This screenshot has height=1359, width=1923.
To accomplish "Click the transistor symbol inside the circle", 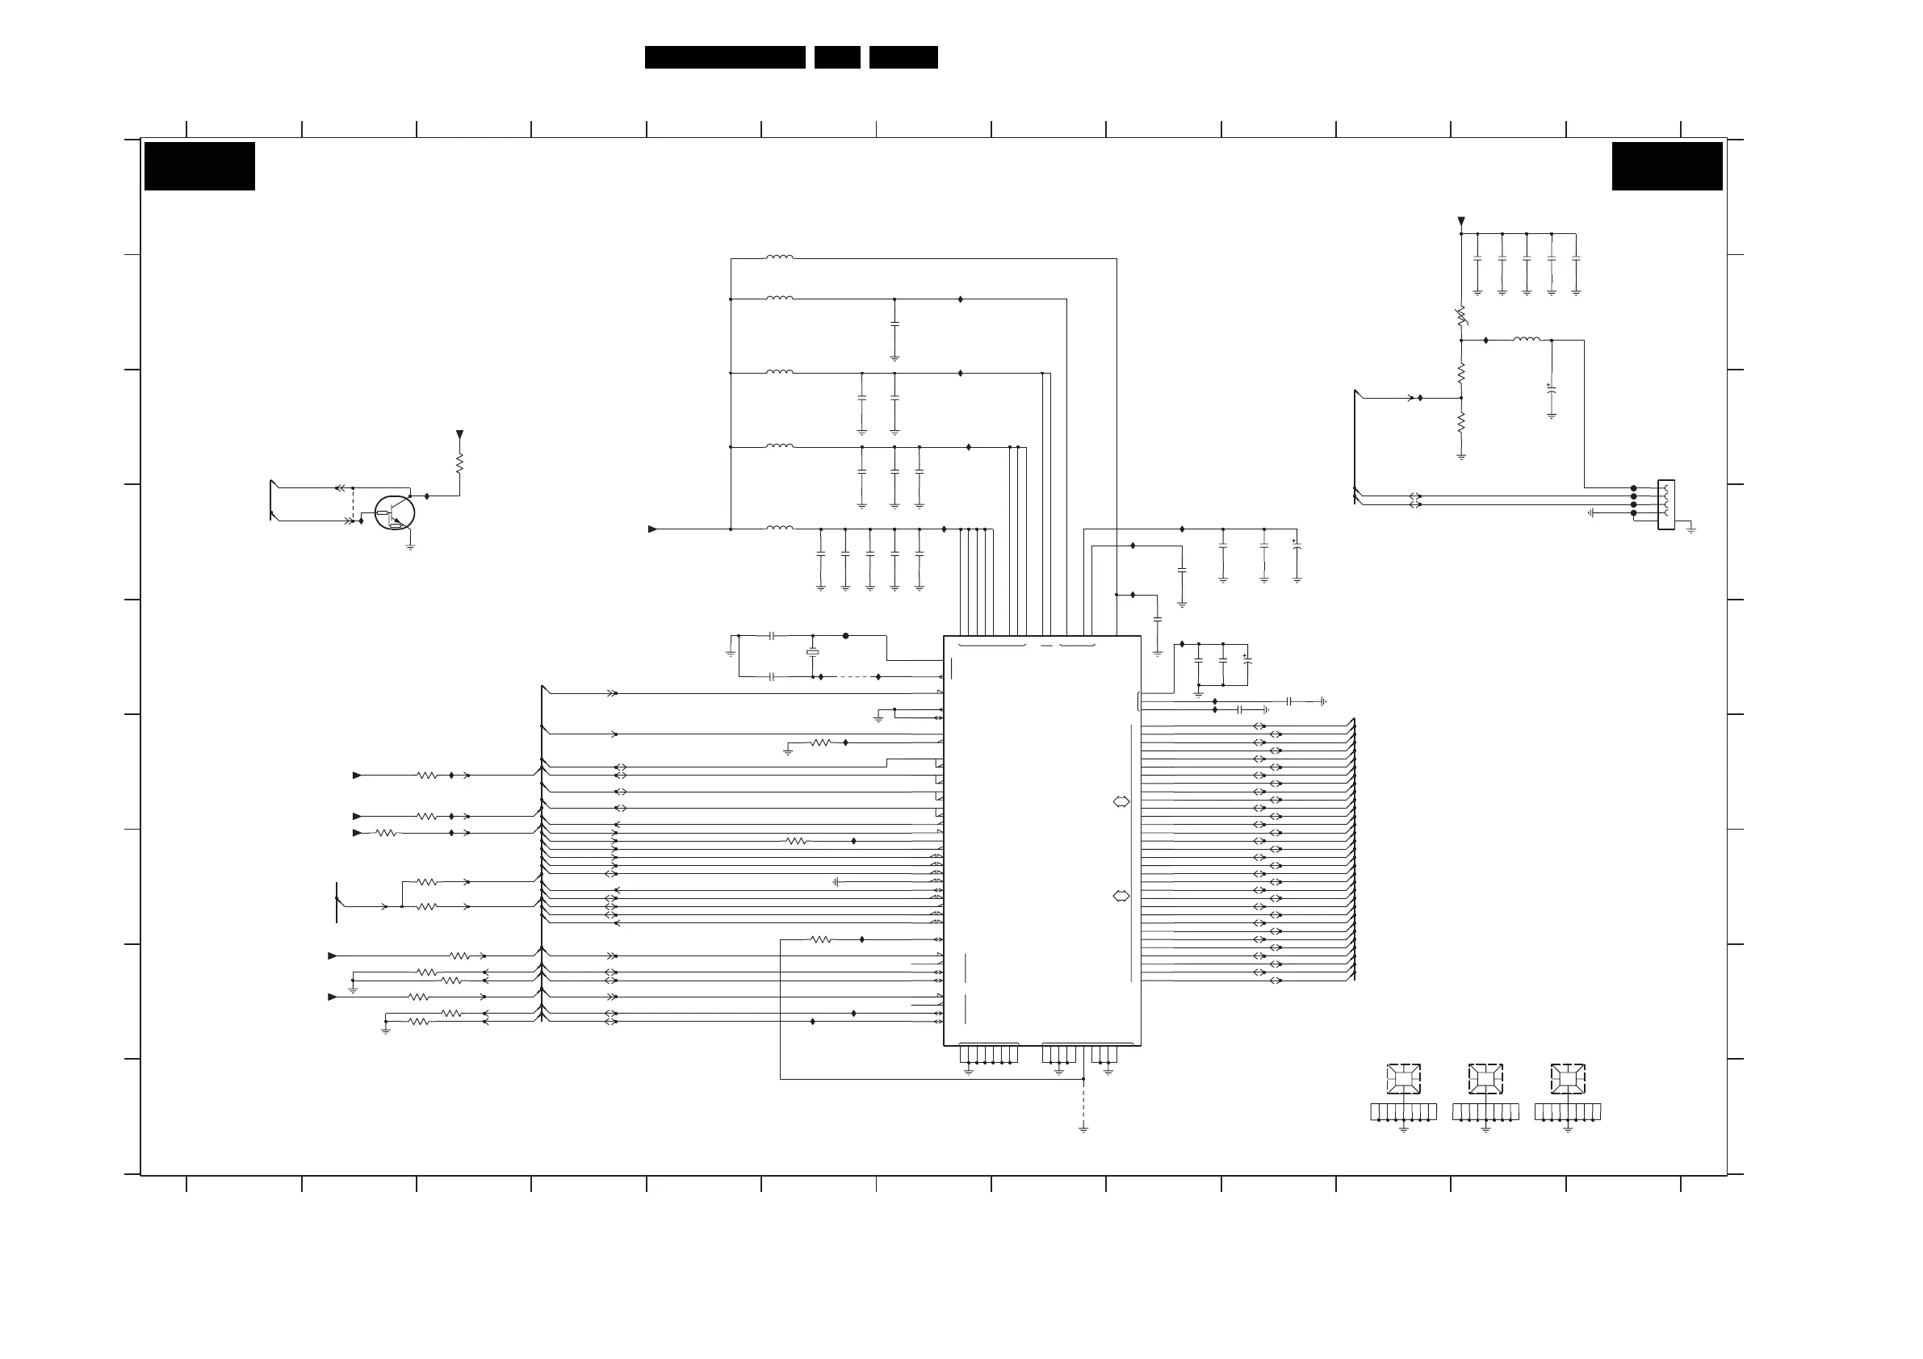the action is coord(395,512).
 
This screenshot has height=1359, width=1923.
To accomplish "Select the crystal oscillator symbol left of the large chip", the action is coord(811,652).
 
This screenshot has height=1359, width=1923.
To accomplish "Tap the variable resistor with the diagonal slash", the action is coord(1460,316).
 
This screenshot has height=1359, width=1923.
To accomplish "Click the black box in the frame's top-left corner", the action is coord(199,165).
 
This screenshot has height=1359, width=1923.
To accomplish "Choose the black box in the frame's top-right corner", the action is coord(1667,165).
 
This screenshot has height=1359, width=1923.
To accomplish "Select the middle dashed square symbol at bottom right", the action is coord(1485,1078).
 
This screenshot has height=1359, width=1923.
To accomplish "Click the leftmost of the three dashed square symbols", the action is coord(1403,1078).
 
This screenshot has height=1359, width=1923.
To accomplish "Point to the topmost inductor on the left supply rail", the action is coord(779,258).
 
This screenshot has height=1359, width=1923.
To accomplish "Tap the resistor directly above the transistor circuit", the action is coord(459,463).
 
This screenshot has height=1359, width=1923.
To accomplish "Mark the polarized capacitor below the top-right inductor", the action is coord(1551,388).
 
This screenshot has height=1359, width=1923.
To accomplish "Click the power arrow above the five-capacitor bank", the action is coord(1460,222).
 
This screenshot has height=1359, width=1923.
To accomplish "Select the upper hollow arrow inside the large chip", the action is coord(1121,801).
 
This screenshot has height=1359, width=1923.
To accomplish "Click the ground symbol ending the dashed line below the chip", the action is coord(1083,1129).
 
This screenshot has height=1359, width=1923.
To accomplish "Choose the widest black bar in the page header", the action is coord(724,57).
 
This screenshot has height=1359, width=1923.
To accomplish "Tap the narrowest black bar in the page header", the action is coord(836,57).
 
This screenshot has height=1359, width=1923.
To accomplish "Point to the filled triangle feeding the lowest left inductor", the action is coord(652,529).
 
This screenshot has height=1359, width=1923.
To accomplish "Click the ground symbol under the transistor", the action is coord(410,547).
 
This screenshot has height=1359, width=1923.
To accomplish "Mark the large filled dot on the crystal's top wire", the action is coord(845,636).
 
